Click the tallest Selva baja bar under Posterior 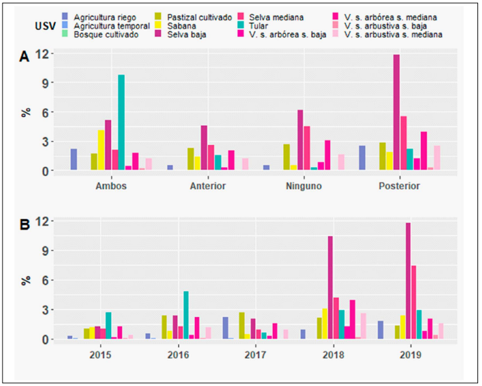coord(396,113)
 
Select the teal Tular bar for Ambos coord(121,123)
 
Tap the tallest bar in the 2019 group coord(408,281)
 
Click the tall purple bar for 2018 coord(330,288)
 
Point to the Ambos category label coord(110,186)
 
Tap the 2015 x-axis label coord(100,355)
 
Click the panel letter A coord(24,58)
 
